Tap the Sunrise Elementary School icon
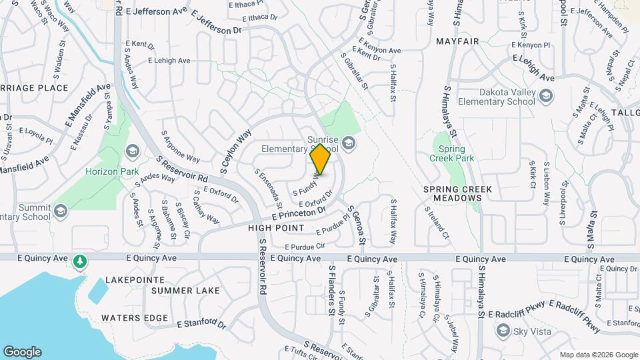click(x=349, y=143)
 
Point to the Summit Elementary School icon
click(x=61, y=211)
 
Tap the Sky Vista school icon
click(x=503, y=331)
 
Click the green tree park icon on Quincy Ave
click(x=80, y=260)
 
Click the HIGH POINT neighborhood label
click(x=276, y=229)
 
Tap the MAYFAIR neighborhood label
click(x=457, y=41)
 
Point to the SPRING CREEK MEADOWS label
click(x=457, y=193)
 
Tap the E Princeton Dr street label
click(x=299, y=214)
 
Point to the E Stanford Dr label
click(x=202, y=324)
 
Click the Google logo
click(x=22, y=352)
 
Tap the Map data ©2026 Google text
click(x=599, y=355)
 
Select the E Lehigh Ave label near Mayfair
click(x=533, y=69)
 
